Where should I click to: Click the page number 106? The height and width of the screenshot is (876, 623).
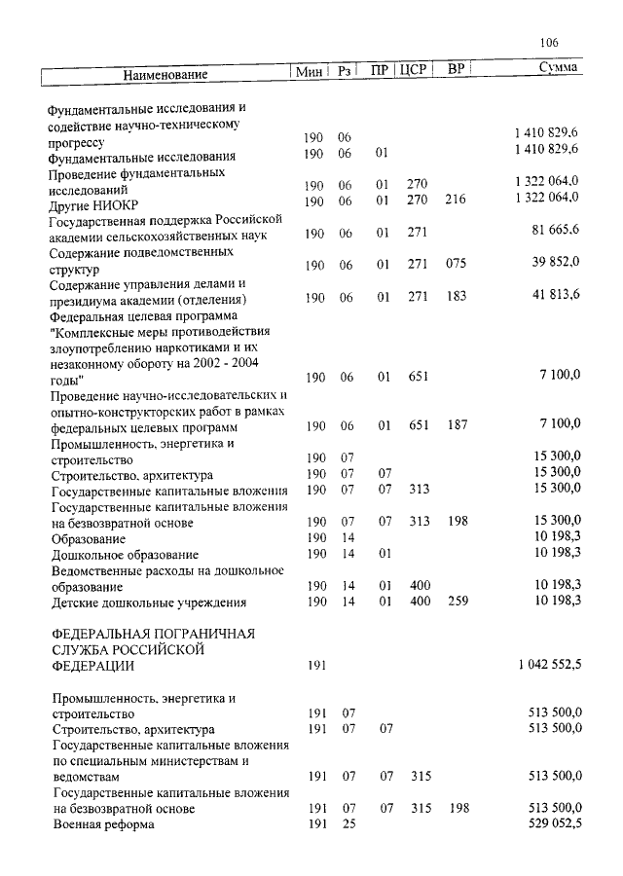click(x=547, y=43)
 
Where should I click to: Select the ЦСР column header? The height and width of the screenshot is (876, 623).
click(x=415, y=70)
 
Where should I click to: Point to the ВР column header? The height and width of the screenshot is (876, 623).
click(x=455, y=69)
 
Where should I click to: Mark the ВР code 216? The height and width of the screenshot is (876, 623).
click(x=456, y=201)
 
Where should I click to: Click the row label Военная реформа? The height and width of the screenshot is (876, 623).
click(x=103, y=825)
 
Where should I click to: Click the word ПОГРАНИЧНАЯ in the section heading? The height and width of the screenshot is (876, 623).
click(x=188, y=634)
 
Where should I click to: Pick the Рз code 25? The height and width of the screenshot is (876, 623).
click(x=345, y=824)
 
